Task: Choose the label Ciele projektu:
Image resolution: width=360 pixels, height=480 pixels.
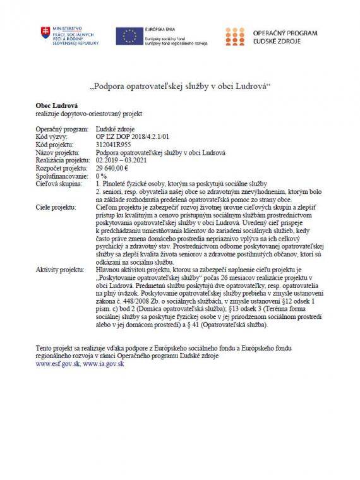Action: (x=54, y=206)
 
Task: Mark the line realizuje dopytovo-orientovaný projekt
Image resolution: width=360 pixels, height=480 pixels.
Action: (x=89, y=113)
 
